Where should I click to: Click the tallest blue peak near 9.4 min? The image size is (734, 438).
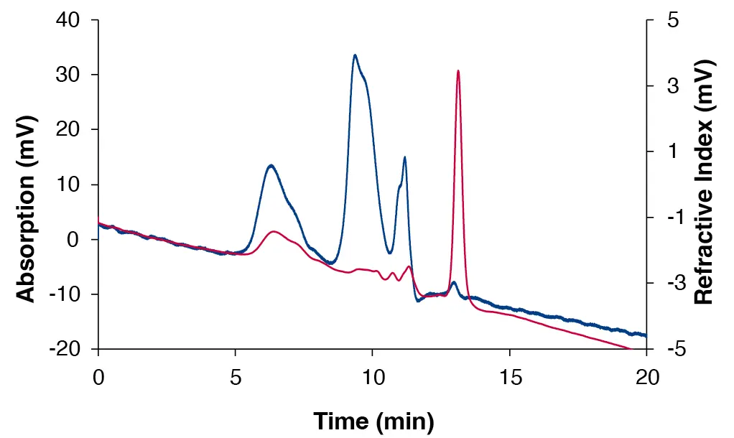coord(355,55)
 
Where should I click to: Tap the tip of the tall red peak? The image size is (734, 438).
coord(458,71)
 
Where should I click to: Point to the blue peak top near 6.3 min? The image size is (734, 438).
coord(271,166)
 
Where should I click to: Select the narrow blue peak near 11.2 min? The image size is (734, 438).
coord(405,158)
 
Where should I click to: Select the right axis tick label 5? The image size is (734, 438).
coord(673,20)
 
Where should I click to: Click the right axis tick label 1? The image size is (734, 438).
coord(673,152)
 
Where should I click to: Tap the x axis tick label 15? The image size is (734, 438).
coord(510,378)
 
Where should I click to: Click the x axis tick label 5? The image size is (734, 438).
coord(236,378)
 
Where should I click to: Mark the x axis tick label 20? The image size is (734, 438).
coord(647,378)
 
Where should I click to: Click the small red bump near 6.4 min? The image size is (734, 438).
coord(274,232)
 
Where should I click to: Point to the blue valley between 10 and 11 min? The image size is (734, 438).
coord(389,253)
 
